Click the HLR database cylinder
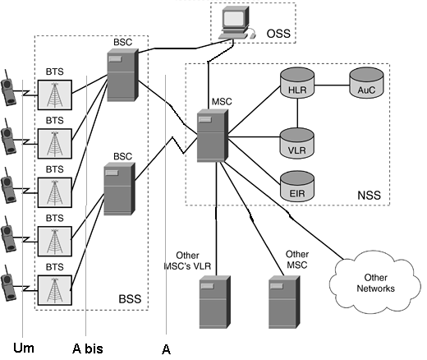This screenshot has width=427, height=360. pos(297,83)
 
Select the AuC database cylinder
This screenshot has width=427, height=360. pos(366,83)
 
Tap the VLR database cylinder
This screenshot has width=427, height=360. pos(297,143)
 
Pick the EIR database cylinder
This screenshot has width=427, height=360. pos(297,187)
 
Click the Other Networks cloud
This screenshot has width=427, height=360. pos(375,282)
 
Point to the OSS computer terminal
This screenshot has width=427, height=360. pos(237,23)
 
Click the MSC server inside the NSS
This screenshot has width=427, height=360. pos(213,136)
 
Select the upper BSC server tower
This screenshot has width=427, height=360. pos(122,75)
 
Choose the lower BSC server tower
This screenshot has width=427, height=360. pos(120,189)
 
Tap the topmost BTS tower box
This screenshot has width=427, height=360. pos(55,95)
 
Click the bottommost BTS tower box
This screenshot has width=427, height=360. pos(55,290)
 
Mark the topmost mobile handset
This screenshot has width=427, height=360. pos(8,88)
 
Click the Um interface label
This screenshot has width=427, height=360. pos(24,348)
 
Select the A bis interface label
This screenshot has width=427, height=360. pos(88,348)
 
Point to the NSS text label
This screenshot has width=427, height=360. pos(370,196)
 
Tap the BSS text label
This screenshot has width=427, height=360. pos(130,299)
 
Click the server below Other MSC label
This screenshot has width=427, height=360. pos(284,302)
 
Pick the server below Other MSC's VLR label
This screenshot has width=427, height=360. pos(215,302)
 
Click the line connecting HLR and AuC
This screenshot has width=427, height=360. pos(332,85)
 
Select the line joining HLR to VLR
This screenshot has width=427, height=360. pos(297,113)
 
